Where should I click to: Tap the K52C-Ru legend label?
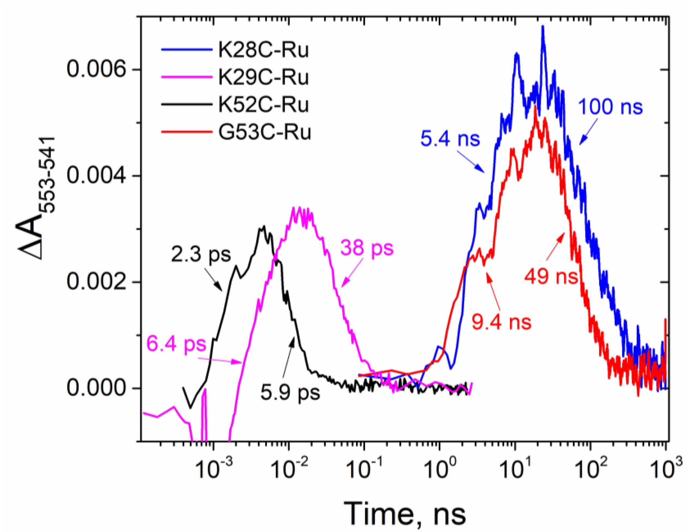pos(263,105)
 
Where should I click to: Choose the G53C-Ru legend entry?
pos(264,132)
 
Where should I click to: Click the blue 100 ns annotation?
pos(610,107)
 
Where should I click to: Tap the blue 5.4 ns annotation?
pos(450,139)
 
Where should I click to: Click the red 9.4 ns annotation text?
pos(502,322)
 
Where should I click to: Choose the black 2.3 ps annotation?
pos(201,254)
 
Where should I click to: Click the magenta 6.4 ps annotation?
pos(176,344)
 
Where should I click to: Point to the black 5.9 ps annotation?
pos(290,393)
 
